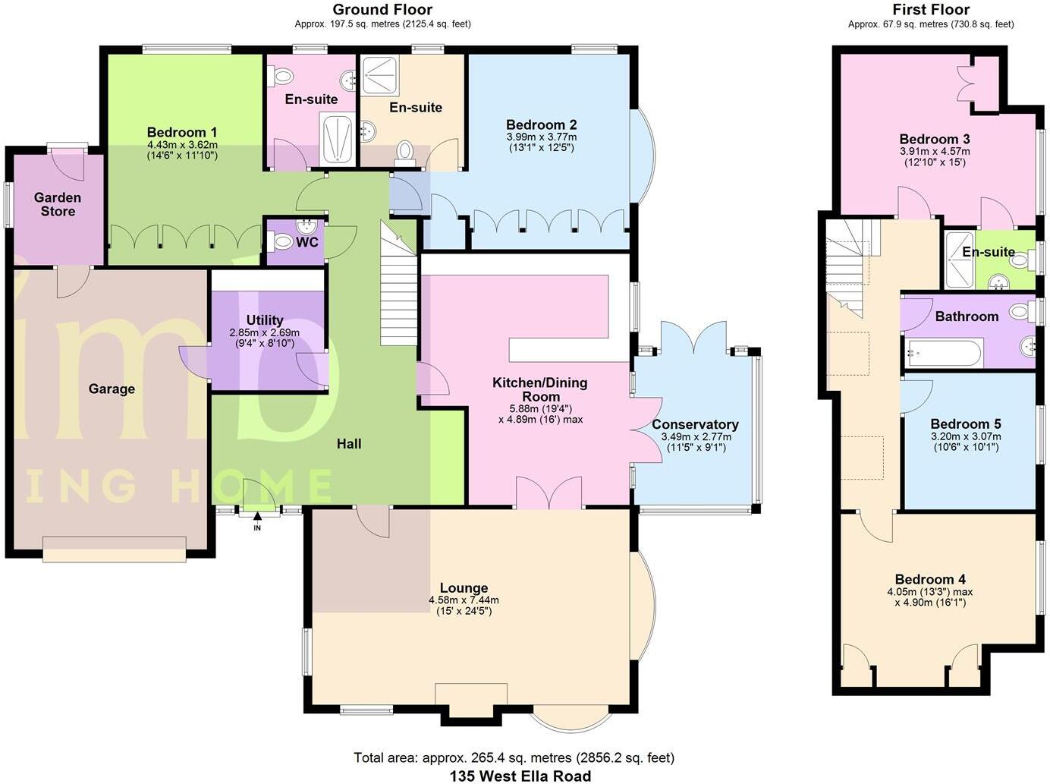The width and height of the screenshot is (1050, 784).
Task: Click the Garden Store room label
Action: click(x=58, y=204)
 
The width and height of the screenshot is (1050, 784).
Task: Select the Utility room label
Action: click(x=265, y=320)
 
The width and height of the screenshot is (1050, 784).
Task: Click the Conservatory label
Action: click(x=695, y=424)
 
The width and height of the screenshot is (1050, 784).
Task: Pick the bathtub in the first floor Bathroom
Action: click(x=943, y=353)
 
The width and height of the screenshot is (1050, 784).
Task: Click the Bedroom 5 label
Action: click(x=966, y=423)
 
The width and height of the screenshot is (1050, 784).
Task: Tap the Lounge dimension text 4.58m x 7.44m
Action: click(x=464, y=600)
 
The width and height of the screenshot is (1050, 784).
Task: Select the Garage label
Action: click(x=112, y=389)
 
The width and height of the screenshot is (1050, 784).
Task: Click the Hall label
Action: click(x=349, y=444)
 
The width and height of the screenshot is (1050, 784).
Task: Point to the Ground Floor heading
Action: click(x=382, y=10)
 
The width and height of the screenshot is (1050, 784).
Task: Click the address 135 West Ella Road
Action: click(x=520, y=776)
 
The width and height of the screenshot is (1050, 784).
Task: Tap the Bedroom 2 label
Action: click(x=542, y=124)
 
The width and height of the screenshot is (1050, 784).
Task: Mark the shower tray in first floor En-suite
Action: click(x=960, y=260)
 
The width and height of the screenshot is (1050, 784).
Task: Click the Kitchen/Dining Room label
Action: click(x=540, y=389)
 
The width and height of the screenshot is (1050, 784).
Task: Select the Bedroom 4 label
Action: click(x=930, y=579)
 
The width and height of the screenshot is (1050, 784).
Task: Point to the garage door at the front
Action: click(x=115, y=549)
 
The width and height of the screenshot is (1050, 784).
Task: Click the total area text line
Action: click(x=514, y=757)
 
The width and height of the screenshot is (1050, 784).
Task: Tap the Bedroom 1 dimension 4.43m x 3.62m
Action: click(x=182, y=144)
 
